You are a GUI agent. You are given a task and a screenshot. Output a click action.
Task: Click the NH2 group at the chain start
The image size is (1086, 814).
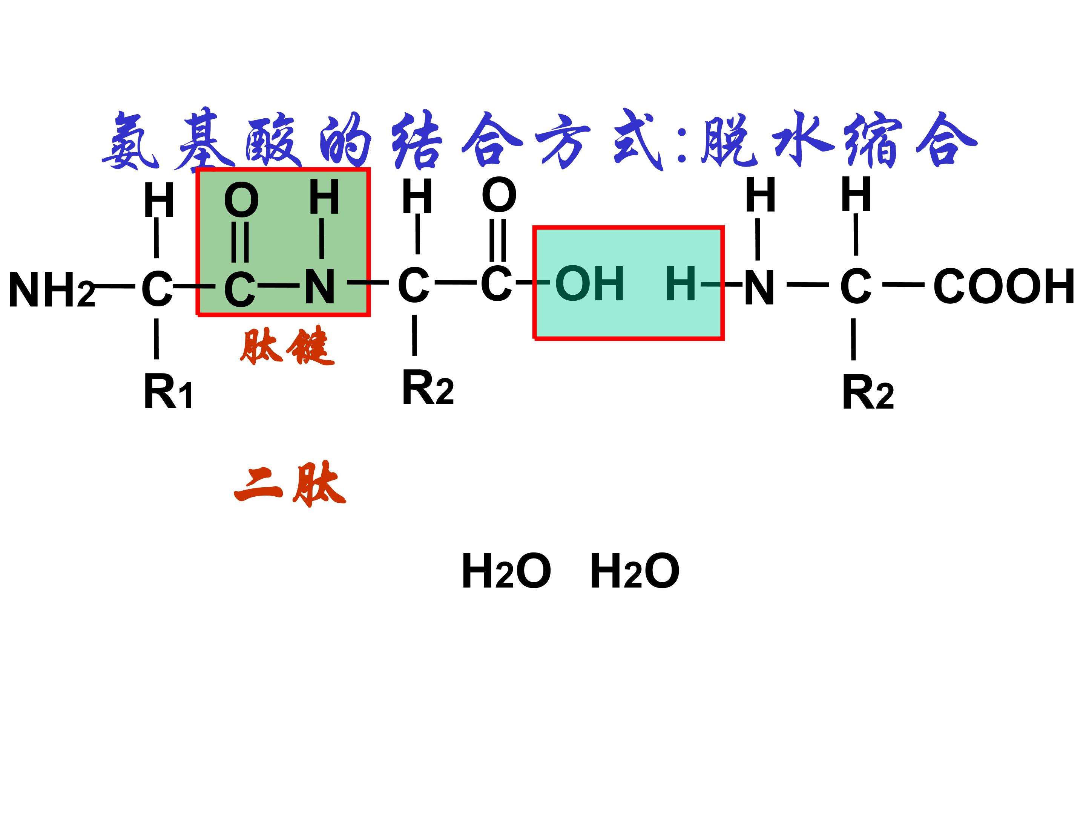coord(52,290)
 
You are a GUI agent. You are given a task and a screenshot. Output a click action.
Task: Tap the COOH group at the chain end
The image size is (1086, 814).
coord(1005,286)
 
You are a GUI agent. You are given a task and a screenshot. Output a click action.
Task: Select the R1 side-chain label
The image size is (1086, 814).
coord(168,391)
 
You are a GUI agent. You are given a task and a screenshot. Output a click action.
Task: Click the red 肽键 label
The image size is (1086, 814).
coord(287,346)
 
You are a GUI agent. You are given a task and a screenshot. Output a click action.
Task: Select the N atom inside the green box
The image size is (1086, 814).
coord(320,287)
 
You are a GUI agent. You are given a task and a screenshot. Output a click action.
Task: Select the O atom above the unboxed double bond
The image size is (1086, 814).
coord(499,195)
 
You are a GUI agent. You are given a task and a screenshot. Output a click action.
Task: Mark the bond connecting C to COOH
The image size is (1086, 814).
coord(903,285)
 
